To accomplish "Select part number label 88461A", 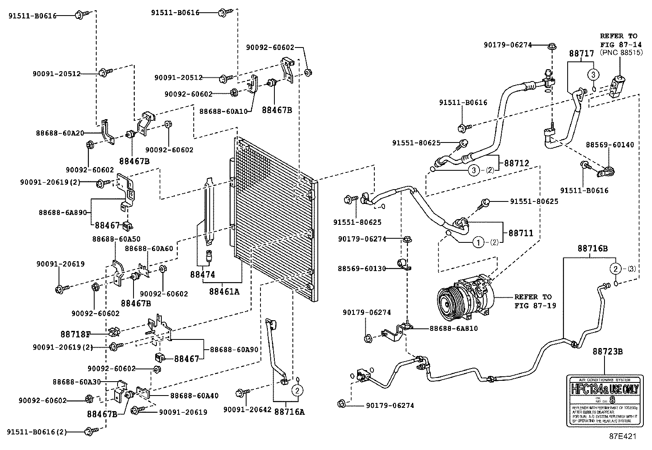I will (x=224, y=292).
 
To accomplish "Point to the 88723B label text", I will (x=608, y=351).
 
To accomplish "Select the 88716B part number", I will (x=593, y=248).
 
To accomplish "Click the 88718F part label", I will (x=88, y=334).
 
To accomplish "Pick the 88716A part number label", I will (x=289, y=412).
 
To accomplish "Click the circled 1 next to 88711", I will (x=478, y=242).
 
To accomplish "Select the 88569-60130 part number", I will (x=362, y=269).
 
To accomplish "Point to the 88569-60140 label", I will (x=609, y=145).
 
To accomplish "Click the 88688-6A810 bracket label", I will (x=453, y=328).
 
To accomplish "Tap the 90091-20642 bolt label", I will (x=247, y=409).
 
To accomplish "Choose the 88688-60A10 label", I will (x=223, y=111).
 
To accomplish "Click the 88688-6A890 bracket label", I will (x=63, y=212).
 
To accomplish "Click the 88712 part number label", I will (x=516, y=163).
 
